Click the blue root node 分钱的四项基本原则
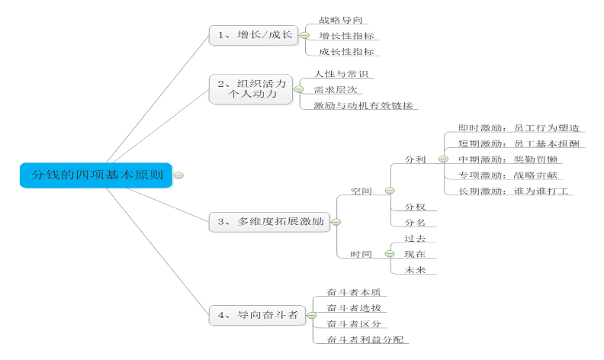[x=96, y=175]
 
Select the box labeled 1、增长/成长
[x=254, y=35]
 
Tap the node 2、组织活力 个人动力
[x=252, y=89]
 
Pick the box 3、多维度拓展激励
[x=269, y=222]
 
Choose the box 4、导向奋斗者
[x=257, y=313]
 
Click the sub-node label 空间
[x=361, y=191]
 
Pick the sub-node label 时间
[x=361, y=254]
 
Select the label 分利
[x=415, y=159]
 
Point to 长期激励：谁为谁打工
[x=515, y=191]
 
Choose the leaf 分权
[x=415, y=207]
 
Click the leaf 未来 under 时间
[x=415, y=269]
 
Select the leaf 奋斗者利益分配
[x=364, y=339]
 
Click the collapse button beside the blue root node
[x=178, y=175]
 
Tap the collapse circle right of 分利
[x=443, y=159]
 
